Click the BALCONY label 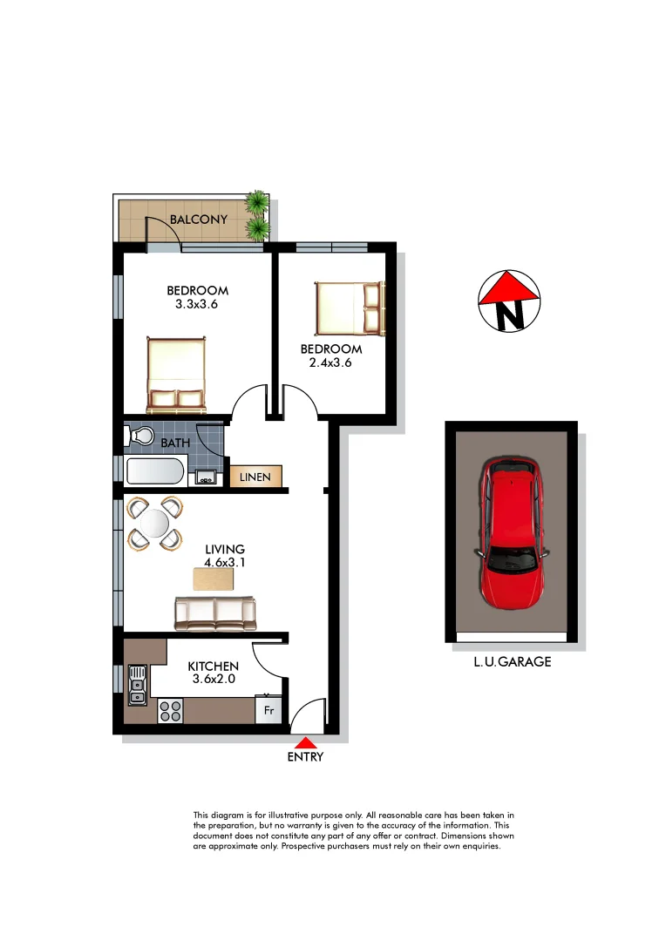tap(199, 220)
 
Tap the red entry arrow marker tap(305, 743)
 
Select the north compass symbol tap(510, 301)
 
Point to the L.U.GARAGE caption tap(513, 662)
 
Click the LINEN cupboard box tap(255, 477)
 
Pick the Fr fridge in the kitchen tap(269, 710)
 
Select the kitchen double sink tap(137, 684)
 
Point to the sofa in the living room tap(215, 613)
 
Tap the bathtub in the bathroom tap(154, 473)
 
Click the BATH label tap(175, 443)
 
